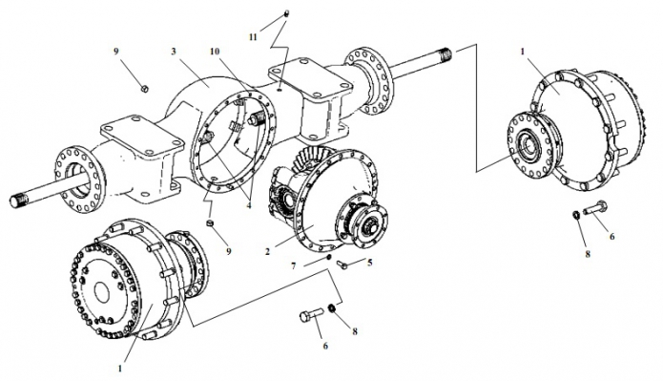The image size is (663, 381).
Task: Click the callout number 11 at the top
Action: coord(253,37)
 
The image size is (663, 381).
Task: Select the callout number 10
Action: coord(215,52)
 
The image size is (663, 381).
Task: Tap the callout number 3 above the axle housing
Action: coord(174,52)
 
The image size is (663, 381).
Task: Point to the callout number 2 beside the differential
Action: coord(267,251)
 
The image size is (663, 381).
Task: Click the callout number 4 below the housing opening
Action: coord(249,205)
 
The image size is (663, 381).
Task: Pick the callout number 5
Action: coord(370,263)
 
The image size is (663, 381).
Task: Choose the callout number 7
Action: coord(294,265)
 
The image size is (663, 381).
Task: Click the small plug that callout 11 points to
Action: coord(286,13)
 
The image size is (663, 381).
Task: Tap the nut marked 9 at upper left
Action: coord(144,89)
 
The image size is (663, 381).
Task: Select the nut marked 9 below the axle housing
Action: coord(209,223)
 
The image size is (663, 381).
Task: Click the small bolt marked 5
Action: coord(342,265)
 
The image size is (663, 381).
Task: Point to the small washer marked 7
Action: coord(328,257)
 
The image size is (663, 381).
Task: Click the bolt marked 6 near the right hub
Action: coord(596,208)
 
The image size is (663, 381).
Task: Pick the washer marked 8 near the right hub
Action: coord(575,215)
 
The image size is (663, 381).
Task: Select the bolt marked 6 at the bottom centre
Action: coord(312,316)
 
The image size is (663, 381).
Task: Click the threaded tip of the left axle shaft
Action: coord(19,199)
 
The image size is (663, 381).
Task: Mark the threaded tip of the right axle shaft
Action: coord(445,54)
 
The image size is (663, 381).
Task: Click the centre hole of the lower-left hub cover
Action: coord(101,292)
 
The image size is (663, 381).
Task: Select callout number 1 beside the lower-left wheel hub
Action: coord(120,369)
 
